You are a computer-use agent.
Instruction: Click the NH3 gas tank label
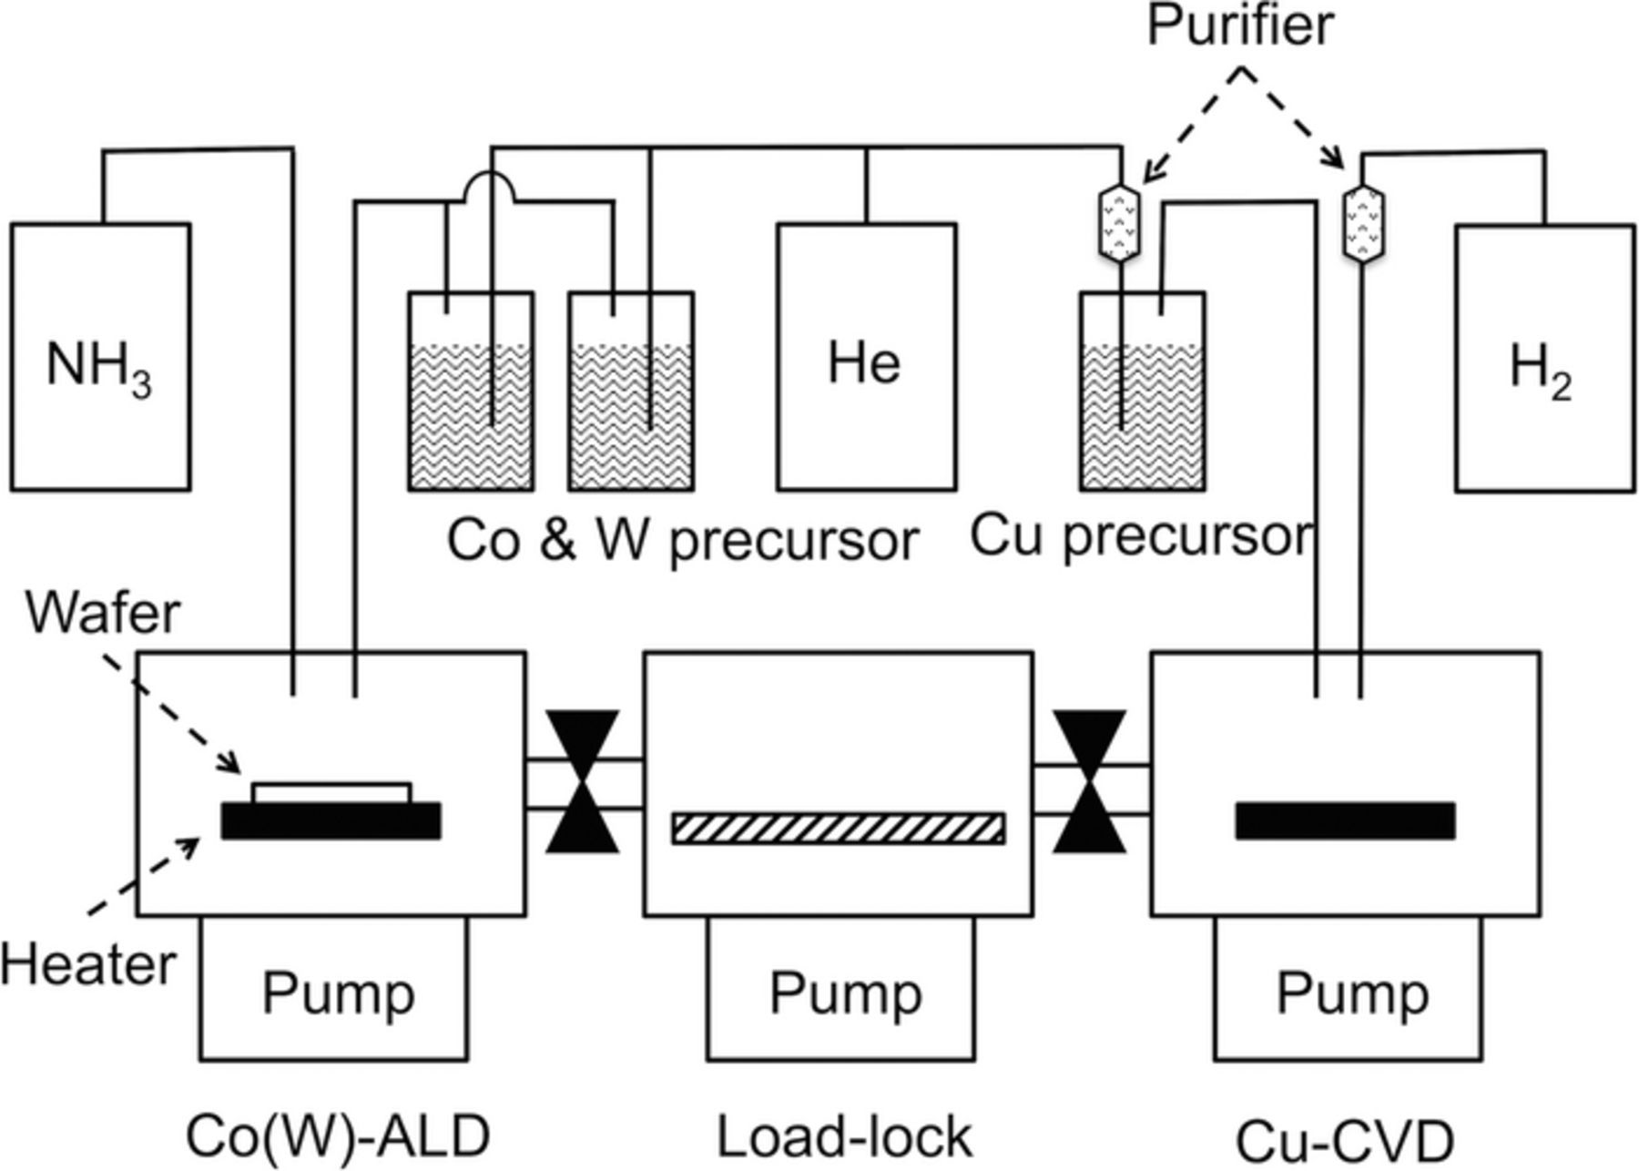point(98,367)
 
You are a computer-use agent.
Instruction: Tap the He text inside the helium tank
point(864,362)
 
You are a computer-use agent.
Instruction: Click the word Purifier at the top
point(1239,25)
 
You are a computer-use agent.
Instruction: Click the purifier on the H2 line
point(1363,223)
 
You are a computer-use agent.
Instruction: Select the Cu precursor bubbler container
point(1143,392)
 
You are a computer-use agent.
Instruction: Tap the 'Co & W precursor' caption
point(682,539)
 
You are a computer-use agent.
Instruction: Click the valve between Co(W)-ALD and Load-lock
point(583,782)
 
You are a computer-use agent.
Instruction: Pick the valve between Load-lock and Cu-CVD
point(1089,782)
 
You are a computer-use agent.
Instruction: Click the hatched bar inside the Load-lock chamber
point(839,829)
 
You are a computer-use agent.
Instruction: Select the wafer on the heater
point(331,792)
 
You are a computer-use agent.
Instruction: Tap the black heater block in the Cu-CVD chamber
point(1345,820)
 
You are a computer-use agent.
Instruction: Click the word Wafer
point(103,613)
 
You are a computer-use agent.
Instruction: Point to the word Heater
point(87,964)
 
